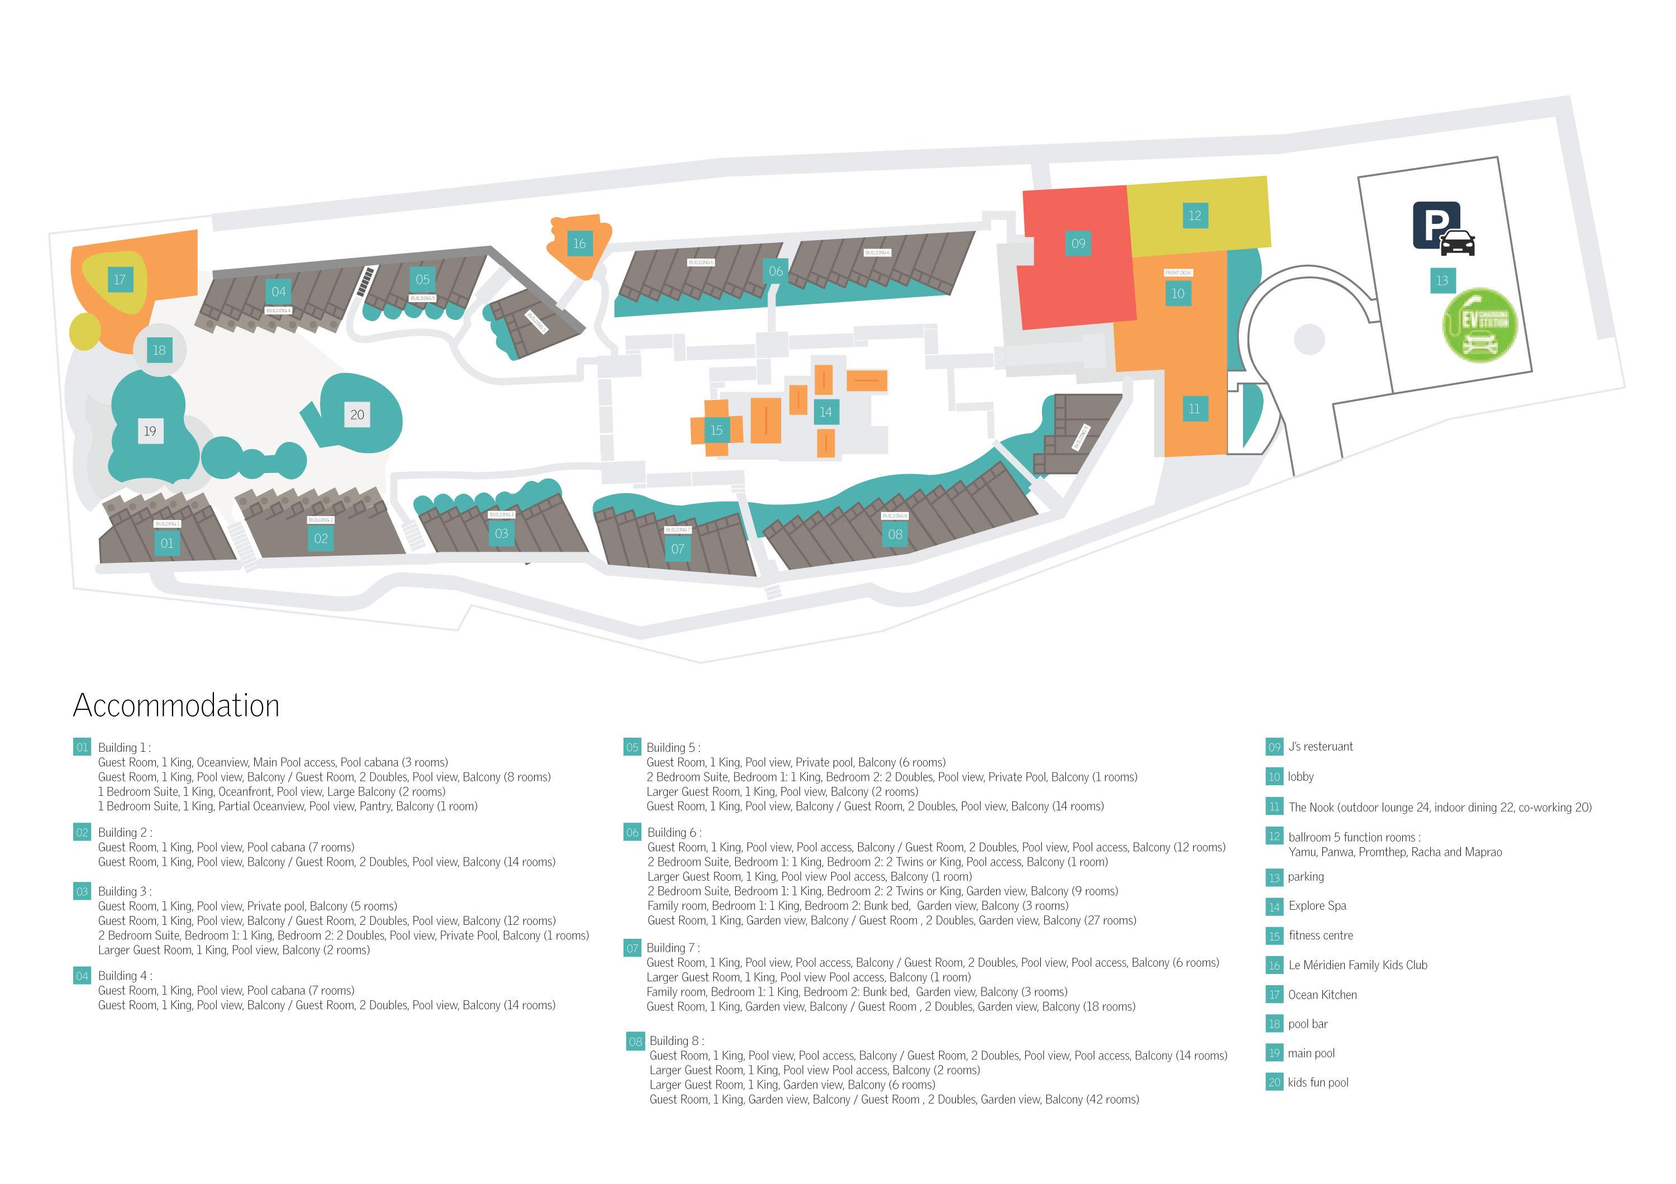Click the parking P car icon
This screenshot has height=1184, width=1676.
pyautogui.click(x=1442, y=228)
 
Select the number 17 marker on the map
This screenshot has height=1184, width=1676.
pyautogui.click(x=120, y=279)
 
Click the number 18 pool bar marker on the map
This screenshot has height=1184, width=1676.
pyautogui.click(x=159, y=350)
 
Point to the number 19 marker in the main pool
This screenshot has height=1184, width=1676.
pyautogui.click(x=150, y=431)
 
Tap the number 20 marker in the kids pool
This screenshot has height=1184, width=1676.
pyautogui.click(x=357, y=415)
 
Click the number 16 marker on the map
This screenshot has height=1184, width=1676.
pyautogui.click(x=579, y=244)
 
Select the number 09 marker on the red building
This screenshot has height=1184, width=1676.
pyautogui.click(x=1078, y=244)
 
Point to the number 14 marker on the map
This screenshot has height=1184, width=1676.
pyautogui.click(x=826, y=412)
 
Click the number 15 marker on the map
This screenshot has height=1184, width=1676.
pyautogui.click(x=716, y=431)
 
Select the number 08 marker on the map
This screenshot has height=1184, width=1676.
pyautogui.click(x=896, y=534)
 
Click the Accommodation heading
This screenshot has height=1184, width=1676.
pyautogui.click(x=176, y=705)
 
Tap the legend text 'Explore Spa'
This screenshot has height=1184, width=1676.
pyautogui.click(x=1317, y=905)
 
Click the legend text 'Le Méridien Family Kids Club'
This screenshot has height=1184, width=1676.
pyautogui.click(x=1357, y=965)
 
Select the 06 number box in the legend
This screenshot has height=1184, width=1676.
pyautogui.click(x=632, y=832)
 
